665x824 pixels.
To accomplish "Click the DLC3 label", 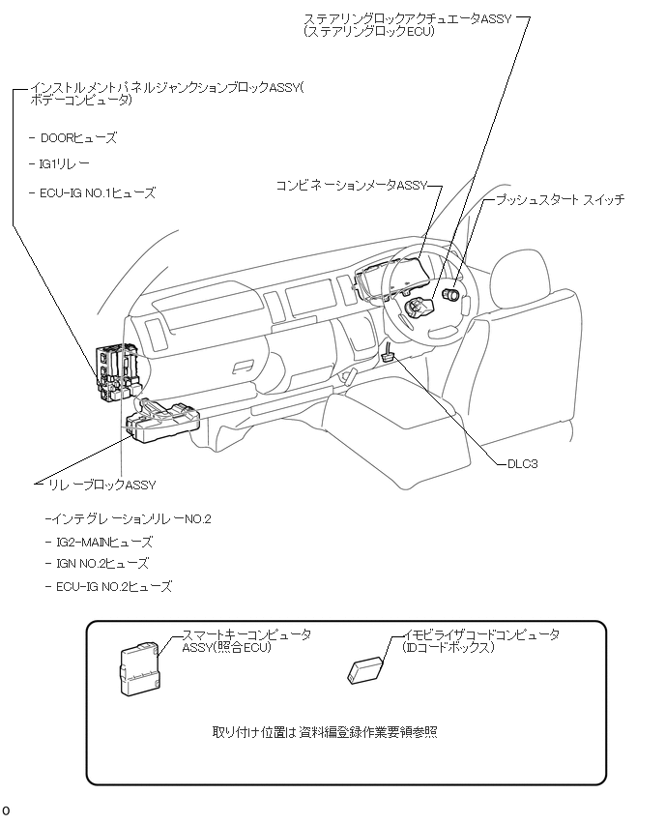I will [522, 464].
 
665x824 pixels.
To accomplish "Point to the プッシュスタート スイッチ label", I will [560, 200].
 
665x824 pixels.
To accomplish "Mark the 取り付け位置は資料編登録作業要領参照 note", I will [325, 732].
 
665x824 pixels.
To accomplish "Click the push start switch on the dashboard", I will [449, 292].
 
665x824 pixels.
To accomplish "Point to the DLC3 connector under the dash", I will [388, 355].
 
